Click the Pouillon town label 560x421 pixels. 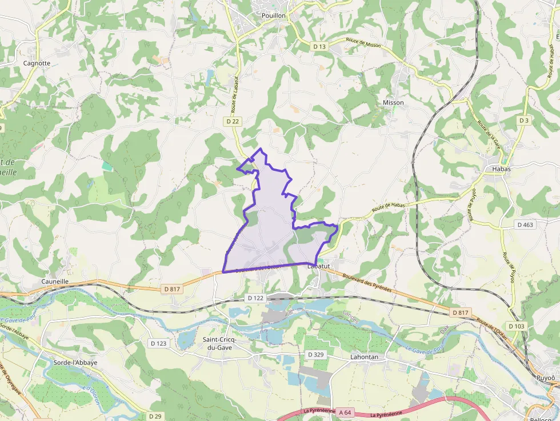(x=273, y=16)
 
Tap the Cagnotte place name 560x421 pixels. (x=37, y=63)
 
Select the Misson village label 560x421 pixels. (x=393, y=103)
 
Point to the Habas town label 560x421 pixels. (x=497, y=169)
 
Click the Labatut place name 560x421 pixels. (x=319, y=266)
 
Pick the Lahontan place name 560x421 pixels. (x=364, y=356)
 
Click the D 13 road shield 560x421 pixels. (x=319, y=46)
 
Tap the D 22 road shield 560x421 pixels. (x=232, y=121)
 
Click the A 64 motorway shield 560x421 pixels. (x=344, y=412)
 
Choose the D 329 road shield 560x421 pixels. (x=315, y=355)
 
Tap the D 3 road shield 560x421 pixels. (x=524, y=121)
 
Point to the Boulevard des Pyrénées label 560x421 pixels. (x=367, y=282)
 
